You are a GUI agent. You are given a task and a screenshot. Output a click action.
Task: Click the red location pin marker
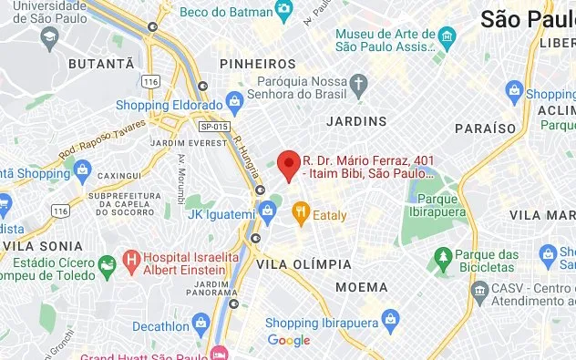[289, 165]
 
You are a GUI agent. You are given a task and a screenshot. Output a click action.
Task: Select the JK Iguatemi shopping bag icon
[267, 212]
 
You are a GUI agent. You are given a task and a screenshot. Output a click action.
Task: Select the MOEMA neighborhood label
[361, 287]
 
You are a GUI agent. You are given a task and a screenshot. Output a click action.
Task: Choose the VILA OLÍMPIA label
[304, 263]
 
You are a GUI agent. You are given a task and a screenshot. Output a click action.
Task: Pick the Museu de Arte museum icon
[446, 36]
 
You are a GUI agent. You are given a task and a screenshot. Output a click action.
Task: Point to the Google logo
[289, 341]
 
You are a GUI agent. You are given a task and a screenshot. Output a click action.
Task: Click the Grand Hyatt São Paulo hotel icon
[218, 353]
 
